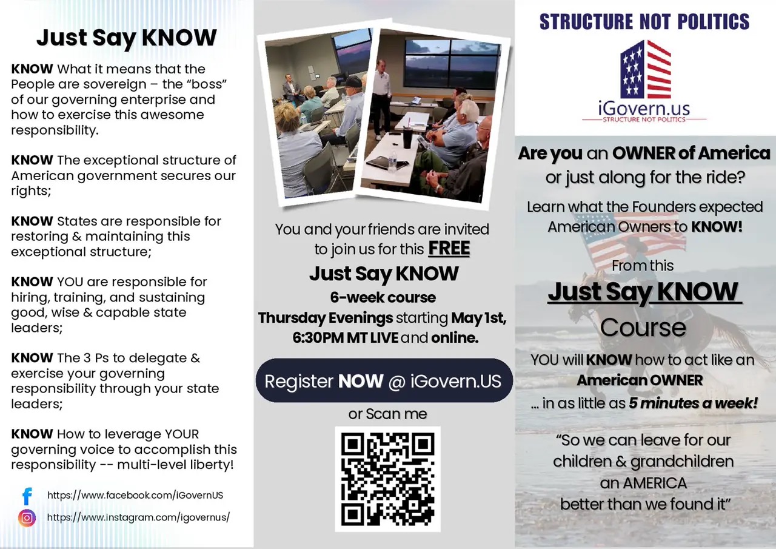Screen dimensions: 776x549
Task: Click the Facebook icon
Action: click(x=27, y=496)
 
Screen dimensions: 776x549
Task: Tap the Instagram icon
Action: click(x=27, y=518)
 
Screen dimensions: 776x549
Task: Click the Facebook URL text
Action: click(x=135, y=495)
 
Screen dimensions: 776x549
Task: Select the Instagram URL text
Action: click(x=138, y=517)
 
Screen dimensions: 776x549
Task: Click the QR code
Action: click(x=387, y=479)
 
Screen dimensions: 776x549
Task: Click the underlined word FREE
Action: click(x=449, y=249)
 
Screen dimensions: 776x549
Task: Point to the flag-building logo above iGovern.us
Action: click(x=646, y=69)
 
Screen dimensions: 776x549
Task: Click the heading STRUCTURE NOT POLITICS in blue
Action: click(x=644, y=21)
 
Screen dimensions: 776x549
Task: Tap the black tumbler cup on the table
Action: click(x=408, y=138)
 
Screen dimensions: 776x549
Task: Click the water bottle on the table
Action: click(x=392, y=161)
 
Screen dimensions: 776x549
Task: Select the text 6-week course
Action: click(x=383, y=297)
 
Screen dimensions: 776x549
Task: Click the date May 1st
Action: click(x=479, y=318)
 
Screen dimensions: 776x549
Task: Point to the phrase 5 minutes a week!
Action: click(x=693, y=403)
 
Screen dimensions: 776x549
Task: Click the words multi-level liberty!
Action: click(x=175, y=465)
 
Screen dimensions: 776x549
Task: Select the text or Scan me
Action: click(x=387, y=414)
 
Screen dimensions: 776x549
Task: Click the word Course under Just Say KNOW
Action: click(x=643, y=328)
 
